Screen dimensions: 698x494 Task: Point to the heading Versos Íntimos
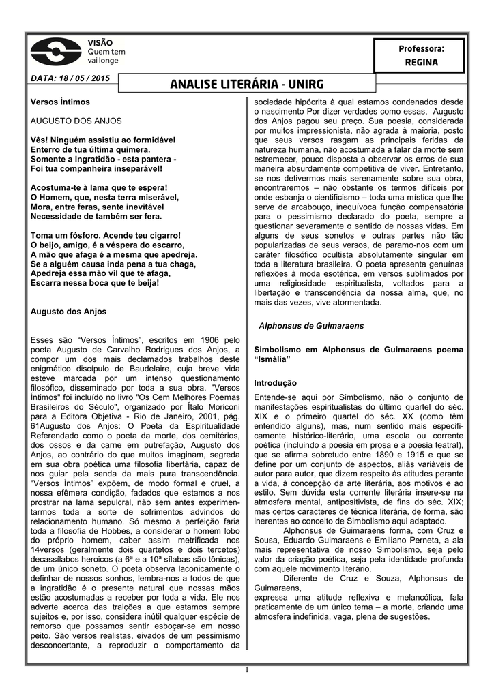(61, 102)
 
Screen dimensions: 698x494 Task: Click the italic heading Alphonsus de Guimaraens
(311, 326)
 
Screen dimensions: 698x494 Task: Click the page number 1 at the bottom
(246, 672)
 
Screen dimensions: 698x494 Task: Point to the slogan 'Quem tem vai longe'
(106, 56)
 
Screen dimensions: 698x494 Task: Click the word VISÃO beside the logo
(100, 43)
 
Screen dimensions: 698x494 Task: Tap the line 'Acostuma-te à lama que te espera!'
(99, 187)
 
